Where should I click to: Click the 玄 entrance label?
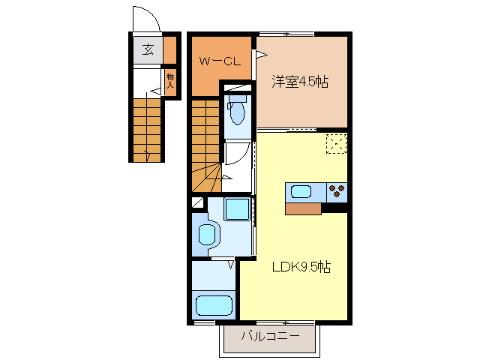pos(148,50)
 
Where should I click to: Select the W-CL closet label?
pos(219,62)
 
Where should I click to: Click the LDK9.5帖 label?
pos(301,267)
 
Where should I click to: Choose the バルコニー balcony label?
pos(270,337)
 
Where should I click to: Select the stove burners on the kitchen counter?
pos(337,191)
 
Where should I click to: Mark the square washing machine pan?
pos(238,210)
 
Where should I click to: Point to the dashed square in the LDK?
pos(335,143)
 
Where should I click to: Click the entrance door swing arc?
pos(145,18)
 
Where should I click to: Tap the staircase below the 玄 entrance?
pos(148,129)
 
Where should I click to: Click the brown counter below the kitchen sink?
pos(304,208)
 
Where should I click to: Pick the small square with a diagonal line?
pos(198,202)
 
